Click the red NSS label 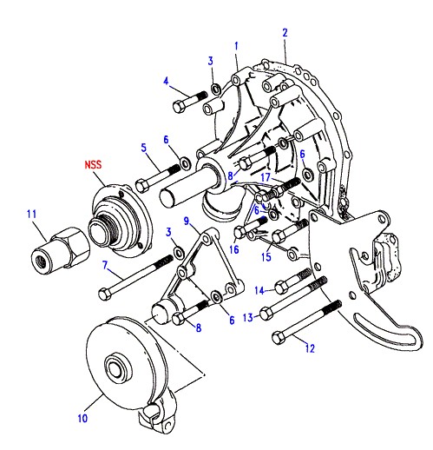pyautogui.click(x=93, y=164)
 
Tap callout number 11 pyautogui.click(x=31, y=215)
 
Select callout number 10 pyautogui.click(x=82, y=418)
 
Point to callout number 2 pyautogui.click(x=285, y=33)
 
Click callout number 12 pyautogui.click(x=310, y=348)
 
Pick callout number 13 pyautogui.click(x=248, y=318)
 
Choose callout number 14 pyautogui.click(x=259, y=290)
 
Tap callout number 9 pyautogui.click(x=187, y=222)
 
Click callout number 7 pyautogui.click(x=105, y=265)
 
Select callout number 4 pyautogui.click(x=166, y=81)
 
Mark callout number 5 pyautogui.click(x=144, y=148)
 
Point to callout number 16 pyautogui.click(x=234, y=249)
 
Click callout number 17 pyautogui.click(x=266, y=177)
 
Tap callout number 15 pyautogui.click(x=266, y=257)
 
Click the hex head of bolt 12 pyautogui.click(x=279, y=338)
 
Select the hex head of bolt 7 pyautogui.click(x=105, y=294)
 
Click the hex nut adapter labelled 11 pyautogui.click(x=60, y=251)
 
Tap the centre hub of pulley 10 pyautogui.click(x=116, y=368)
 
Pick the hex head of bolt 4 pyautogui.click(x=180, y=106)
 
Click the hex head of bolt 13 pyautogui.click(x=266, y=314)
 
